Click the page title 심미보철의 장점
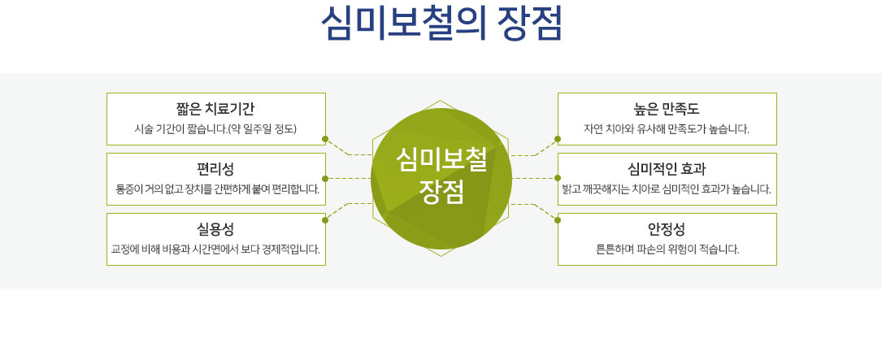(x=441, y=24)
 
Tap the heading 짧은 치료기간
(x=216, y=109)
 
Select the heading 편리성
(x=216, y=169)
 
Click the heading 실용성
(x=216, y=229)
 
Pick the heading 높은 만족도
(x=667, y=109)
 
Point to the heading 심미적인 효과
(x=667, y=169)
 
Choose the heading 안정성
(x=667, y=229)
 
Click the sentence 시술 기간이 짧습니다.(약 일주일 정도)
(x=216, y=129)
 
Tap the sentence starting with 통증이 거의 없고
(x=217, y=189)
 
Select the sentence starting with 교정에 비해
(x=216, y=249)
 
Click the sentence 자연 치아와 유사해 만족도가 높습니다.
(x=667, y=129)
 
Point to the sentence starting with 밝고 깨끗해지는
(x=667, y=189)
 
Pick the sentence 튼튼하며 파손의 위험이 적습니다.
(x=667, y=249)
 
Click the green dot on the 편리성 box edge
(x=325, y=178)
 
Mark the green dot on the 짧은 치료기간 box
(x=325, y=138)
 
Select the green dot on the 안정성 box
(x=558, y=220)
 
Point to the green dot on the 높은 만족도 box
(x=558, y=138)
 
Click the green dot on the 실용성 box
(x=325, y=220)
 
